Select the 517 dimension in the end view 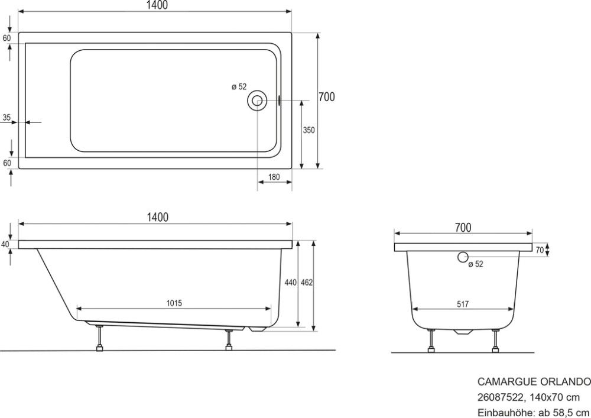(x=462, y=304)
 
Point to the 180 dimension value (x=274, y=177)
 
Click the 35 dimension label (x=7, y=118)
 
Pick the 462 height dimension (x=306, y=283)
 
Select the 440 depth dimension (x=290, y=283)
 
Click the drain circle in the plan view (x=258, y=100)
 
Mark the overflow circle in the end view (x=463, y=257)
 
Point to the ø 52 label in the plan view (x=239, y=87)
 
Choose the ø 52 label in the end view (x=476, y=264)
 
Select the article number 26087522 (x=499, y=397)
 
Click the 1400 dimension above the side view (x=157, y=217)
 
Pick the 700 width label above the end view (x=463, y=227)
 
